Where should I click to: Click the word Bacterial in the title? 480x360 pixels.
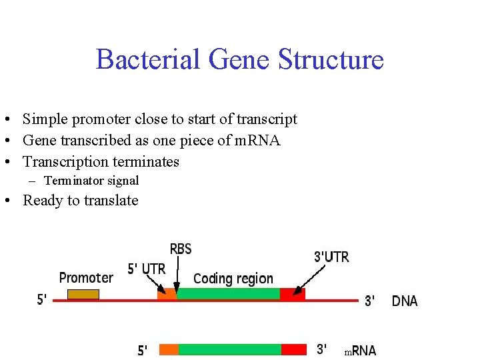147,59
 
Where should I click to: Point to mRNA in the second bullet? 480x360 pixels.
257,141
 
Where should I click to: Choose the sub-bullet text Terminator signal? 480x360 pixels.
91,180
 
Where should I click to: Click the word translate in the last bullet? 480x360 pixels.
110,201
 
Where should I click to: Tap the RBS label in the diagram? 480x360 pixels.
181,249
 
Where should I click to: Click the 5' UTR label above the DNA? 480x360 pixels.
146,269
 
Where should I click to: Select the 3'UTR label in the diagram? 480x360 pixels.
331,257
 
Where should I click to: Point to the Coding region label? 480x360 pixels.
233,279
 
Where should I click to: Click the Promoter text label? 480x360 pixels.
86,277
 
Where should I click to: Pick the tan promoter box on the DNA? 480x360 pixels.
84,295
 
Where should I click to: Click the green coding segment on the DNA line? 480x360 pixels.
228,294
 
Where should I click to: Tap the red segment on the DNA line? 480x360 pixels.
292,294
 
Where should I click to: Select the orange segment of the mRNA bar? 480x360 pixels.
169,349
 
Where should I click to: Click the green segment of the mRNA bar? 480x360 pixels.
229,349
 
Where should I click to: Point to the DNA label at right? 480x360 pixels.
405,301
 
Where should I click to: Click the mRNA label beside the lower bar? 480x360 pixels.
360,351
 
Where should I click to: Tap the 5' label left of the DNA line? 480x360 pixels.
42,300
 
